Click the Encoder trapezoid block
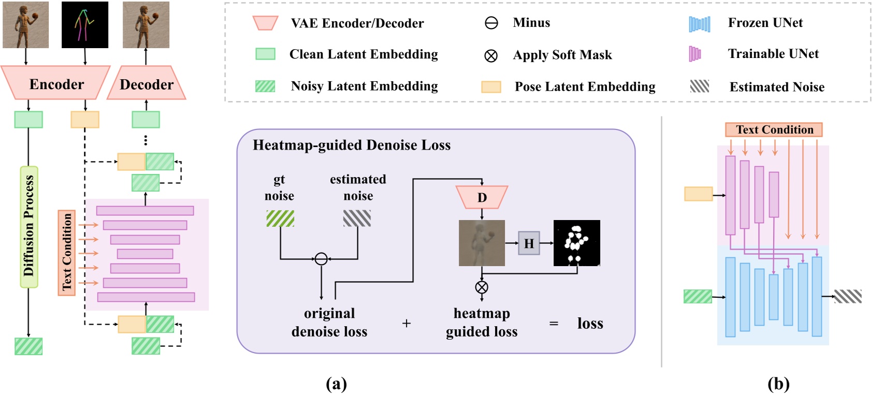point(56,83)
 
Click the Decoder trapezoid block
point(147,83)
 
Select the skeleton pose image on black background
point(85,25)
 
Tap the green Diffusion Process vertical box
point(29,227)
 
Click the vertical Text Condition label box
point(67,253)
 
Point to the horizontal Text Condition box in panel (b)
point(774,129)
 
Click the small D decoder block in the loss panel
point(482,197)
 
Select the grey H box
point(529,243)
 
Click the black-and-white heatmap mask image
point(576,243)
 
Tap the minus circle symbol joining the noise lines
point(321,258)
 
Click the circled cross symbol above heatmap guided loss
point(482,287)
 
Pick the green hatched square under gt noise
point(280,218)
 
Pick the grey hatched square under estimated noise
point(357,218)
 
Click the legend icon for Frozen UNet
point(699,24)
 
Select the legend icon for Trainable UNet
point(694,54)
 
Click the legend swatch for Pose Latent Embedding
point(491,86)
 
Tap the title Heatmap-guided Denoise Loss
point(352,145)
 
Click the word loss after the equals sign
point(590,324)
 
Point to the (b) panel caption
point(778,384)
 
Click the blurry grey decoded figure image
point(482,243)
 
